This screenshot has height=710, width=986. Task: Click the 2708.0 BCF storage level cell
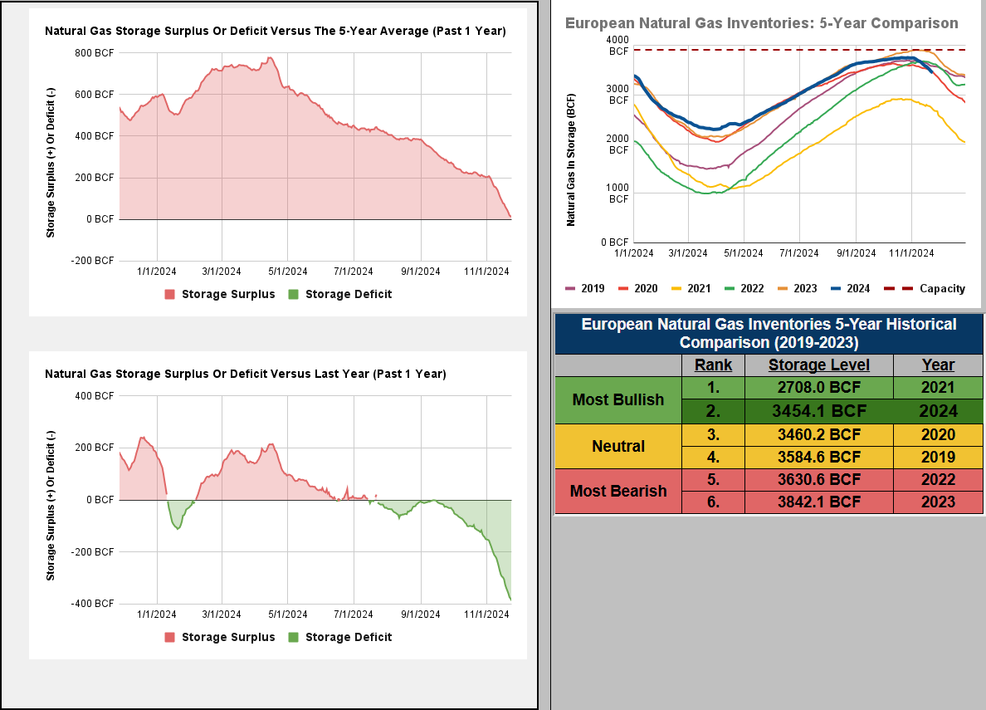point(818,387)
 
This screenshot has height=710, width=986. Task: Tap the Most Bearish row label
point(617,491)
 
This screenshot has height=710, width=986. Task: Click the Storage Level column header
point(818,365)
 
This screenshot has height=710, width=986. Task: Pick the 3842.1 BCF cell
point(818,502)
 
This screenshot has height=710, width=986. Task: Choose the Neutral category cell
point(617,446)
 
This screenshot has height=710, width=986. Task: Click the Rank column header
point(713,365)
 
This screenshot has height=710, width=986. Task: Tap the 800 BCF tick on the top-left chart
point(94,52)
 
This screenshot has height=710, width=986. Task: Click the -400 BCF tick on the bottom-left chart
point(94,604)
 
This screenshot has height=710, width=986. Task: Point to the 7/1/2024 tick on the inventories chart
point(799,252)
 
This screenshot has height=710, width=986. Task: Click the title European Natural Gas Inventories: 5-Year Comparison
point(761,23)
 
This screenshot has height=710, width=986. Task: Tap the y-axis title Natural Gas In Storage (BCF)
point(571,161)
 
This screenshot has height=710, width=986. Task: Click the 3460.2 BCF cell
point(818,434)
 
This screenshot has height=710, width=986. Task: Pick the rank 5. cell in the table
point(713,479)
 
